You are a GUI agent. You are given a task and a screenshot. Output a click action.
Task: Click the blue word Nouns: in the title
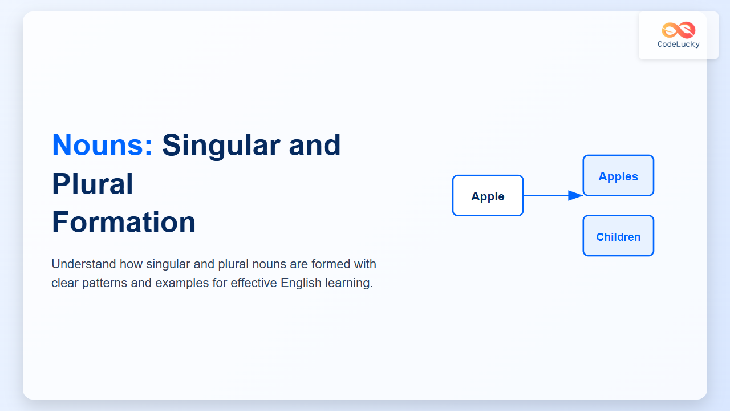[102, 145]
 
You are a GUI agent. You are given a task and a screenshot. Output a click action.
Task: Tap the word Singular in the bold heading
[221, 146]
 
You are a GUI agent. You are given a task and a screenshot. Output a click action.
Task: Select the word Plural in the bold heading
[92, 184]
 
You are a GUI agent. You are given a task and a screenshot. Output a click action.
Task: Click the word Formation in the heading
[124, 222]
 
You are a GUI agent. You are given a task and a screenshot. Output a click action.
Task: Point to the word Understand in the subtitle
[83, 264]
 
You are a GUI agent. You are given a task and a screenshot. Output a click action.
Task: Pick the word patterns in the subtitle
[104, 283]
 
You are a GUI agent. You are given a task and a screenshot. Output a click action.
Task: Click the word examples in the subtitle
[182, 283]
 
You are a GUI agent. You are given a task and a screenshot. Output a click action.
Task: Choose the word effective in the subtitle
[254, 283]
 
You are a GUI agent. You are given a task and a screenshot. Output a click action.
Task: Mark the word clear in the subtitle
[65, 283]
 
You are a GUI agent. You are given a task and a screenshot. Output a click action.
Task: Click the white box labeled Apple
[488, 196]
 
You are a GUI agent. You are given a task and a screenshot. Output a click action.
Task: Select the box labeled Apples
[618, 175]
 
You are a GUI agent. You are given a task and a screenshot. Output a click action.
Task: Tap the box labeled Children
[618, 236]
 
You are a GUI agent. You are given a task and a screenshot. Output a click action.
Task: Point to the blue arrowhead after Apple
[575, 195]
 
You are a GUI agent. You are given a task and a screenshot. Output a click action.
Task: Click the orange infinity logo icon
[679, 30]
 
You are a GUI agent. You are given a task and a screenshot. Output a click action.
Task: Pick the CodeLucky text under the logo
[679, 45]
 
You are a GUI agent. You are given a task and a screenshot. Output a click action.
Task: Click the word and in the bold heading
[314, 146]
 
